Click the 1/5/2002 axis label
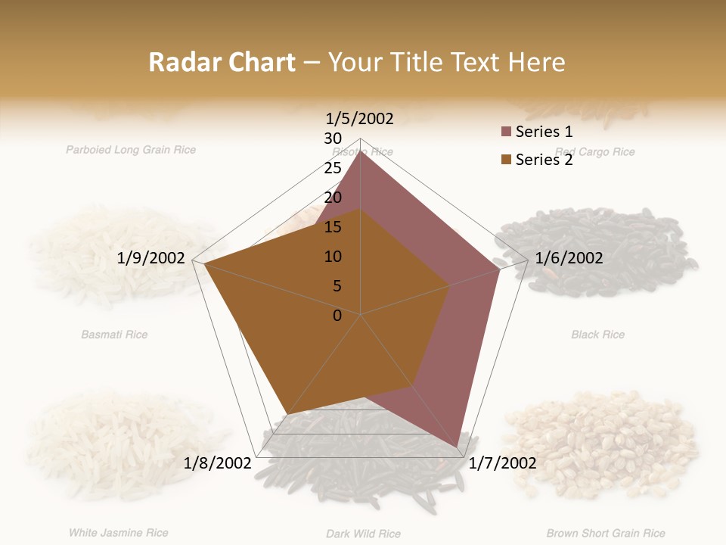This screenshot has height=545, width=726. point(360,119)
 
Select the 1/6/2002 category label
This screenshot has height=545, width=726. point(569,258)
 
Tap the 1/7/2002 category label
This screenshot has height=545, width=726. point(503,463)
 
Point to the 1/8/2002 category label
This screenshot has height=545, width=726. point(217,463)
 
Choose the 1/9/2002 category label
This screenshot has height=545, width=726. point(151,258)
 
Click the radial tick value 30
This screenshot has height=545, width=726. point(333,139)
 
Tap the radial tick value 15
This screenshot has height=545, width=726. point(333,227)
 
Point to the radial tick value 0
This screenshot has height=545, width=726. point(337,316)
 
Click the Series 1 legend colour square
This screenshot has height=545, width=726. point(506,132)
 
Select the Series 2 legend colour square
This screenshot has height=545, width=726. point(506,160)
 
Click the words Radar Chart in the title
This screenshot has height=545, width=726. point(222,62)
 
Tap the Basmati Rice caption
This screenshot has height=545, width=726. point(114,335)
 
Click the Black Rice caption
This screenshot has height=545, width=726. point(597,335)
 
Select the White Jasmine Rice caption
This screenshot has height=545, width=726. point(118,533)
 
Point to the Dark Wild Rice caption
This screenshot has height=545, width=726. point(363,534)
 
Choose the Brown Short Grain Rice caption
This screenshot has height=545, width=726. point(606,534)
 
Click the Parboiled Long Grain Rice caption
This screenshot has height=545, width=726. point(131,150)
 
